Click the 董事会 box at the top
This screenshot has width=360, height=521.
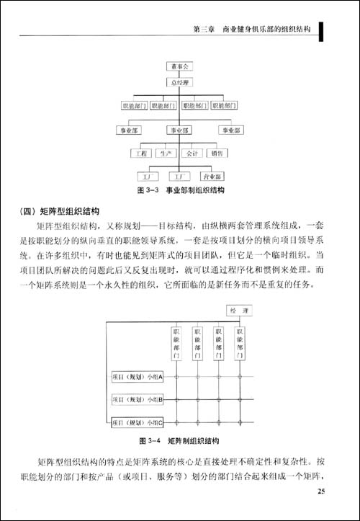(x=179, y=66)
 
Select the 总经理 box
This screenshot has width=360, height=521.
(x=179, y=84)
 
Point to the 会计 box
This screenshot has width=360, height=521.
(x=192, y=153)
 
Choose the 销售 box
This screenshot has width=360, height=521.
(x=217, y=153)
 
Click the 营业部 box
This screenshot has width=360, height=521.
(x=215, y=176)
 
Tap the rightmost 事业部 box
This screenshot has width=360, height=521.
(x=233, y=130)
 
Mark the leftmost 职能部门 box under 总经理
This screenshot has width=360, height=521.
(x=135, y=107)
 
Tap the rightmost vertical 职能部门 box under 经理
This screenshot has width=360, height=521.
(x=239, y=345)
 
